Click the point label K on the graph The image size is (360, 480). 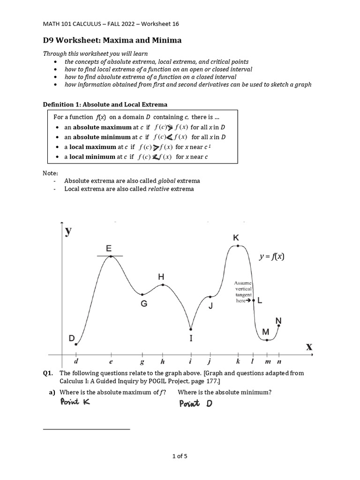(x=236, y=238)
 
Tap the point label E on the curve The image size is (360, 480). (x=109, y=248)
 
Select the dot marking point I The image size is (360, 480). (x=191, y=329)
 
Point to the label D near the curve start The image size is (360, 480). (x=71, y=337)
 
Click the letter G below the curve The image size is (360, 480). (x=144, y=304)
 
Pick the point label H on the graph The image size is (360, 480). (x=161, y=277)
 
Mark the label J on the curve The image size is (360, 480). (x=210, y=307)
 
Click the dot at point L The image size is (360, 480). (x=254, y=300)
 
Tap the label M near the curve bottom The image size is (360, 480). (x=266, y=332)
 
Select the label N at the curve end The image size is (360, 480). (x=278, y=321)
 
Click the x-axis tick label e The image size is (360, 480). (x=111, y=361)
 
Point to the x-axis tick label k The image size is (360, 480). (x=238, y=361)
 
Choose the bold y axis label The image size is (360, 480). (x=68, y=232)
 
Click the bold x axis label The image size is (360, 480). (x=309, y=347)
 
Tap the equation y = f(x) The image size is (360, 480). (x=272, y=256)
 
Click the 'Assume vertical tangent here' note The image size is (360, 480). (x=243, y=292)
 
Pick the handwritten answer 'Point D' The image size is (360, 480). (x=195, y=403)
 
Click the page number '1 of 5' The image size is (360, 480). (x=180, y=455)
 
